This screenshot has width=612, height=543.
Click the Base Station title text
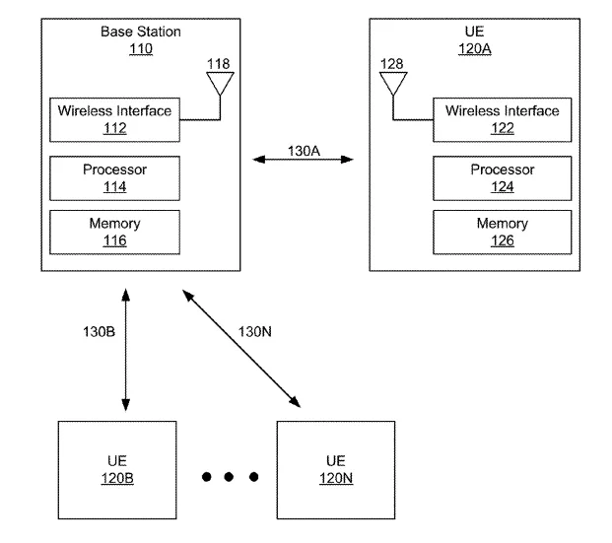click(x=141, y=32)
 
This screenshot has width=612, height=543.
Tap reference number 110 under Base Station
click(x=141, y=49)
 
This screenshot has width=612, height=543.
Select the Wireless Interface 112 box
click(x=114, y=120)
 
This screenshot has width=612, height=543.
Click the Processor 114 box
click(x=114, y=178)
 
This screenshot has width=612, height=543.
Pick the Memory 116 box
click(x=114, y=233)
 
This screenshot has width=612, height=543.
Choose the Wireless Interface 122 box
click(x=502, y=120)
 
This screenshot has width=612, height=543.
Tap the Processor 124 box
click(x=502, y=178)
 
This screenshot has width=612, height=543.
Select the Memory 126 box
click(x=502, y=233)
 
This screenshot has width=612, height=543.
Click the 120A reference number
click(x=475, y=49)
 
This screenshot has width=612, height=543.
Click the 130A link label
click(x=304, y=151)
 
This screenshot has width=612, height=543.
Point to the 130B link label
click(x=99, y=332)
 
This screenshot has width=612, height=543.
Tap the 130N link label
click(x=255, y=332)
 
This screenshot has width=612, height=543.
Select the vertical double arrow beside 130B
click(x=126, y=350)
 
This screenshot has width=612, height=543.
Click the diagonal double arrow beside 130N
click(x=241, y=349)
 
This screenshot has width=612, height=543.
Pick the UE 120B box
click(x=117, y=470)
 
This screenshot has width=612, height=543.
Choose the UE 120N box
click(x=336, y=470)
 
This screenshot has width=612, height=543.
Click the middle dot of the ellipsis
click(x=229, y=477)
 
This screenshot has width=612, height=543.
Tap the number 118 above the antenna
click(x=218, y=64)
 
